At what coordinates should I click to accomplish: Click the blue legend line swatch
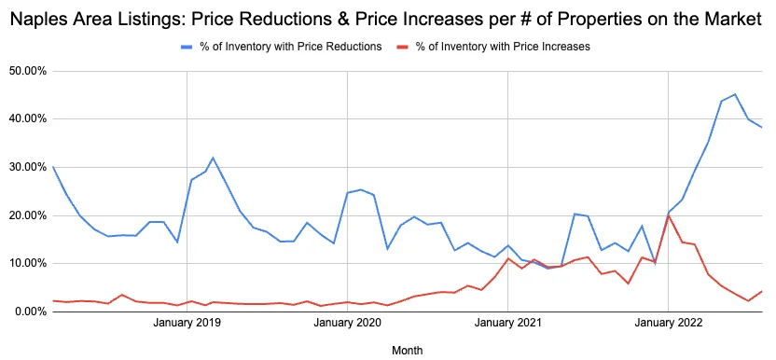click(x=191, y=46)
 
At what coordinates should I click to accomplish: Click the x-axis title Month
click(x=407, y=350)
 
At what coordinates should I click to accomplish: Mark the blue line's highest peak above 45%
click(x=735, y=94)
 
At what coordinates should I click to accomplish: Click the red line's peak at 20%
click(x=668, y=215)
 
